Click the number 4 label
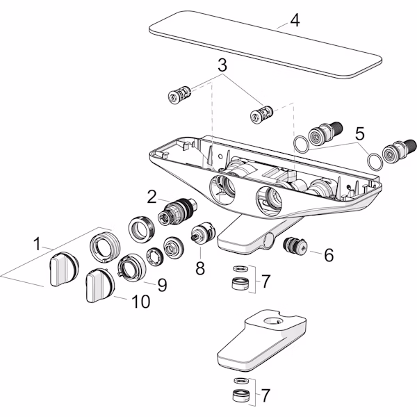coord(295,19)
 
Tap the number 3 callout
coord(222,67)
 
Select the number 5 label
coord(359,131)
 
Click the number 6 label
coord(329,255)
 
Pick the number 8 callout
coord(200,267)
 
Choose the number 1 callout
coord(36,244)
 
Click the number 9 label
coord(161,284)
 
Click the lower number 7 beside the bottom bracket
coord(265,395)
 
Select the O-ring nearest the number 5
coord(374,161)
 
